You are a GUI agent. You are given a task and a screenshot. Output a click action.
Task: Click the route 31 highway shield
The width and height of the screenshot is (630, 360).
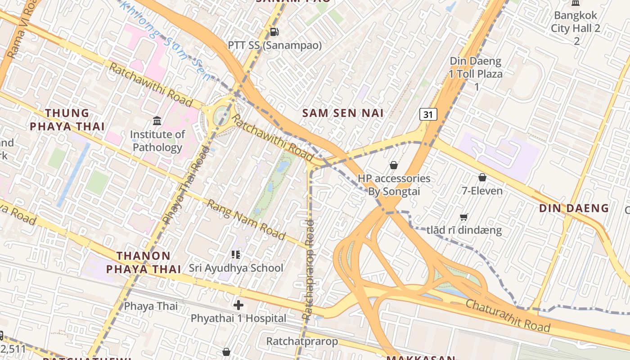(428, 114)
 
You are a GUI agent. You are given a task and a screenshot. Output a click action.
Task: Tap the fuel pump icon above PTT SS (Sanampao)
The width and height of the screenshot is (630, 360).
(274, 32)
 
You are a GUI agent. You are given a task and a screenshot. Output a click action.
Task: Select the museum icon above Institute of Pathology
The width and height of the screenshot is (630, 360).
(157, 121)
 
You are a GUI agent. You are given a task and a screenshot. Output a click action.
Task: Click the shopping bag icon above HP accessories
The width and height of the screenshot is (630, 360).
(394, 165)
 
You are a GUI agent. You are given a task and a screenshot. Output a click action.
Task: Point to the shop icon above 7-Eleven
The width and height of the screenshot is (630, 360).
(482, 177)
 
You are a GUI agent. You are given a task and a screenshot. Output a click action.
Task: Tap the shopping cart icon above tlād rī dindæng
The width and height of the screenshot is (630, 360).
(464, 217)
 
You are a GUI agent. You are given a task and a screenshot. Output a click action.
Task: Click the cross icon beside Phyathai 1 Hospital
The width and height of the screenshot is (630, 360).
(238, 305)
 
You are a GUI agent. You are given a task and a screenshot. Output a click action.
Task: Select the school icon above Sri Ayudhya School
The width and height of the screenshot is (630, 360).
(236, 255)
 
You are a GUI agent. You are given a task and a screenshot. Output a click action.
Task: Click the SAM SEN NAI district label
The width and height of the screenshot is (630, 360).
(343, 113)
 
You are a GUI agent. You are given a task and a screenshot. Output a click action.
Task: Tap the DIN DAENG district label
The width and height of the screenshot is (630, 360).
(574, 208)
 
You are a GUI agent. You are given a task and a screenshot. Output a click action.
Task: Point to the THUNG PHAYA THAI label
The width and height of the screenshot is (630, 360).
(67, 120)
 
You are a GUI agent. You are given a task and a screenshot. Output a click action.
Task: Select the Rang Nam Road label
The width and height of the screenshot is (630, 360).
(246, 220)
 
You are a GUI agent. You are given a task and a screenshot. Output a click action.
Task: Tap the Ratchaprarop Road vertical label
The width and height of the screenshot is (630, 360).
(309, 270)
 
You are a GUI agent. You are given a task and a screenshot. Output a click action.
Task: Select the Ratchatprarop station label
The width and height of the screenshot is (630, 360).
(302, 341)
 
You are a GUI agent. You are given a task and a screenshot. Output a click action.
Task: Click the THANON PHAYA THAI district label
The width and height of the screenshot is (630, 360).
(144, 262)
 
